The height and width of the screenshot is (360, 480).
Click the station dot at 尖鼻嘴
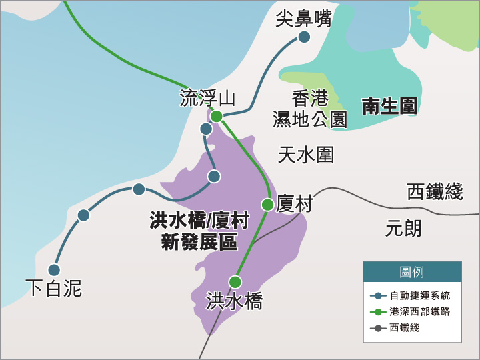pyautogui.click(x=304, y=37)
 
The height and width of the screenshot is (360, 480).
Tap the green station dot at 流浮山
pyautogui.click(x=217, y=116)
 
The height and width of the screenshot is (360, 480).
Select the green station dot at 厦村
pyautogui.click(x=267, y=205)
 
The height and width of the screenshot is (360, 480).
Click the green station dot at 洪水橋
pyautogui.click(x=235, y=281)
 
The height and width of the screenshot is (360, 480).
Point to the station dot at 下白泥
pyautogui.click(x=54, y=270)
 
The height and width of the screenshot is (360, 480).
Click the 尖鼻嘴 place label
pyautogui.click(x=303, y=19)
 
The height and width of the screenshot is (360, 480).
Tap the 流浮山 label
pyautogui.click(x=207, y=98)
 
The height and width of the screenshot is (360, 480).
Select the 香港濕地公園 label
pyautogui.click(x=310, y=109)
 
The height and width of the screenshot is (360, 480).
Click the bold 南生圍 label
pyautogui.click(x=389, y=106)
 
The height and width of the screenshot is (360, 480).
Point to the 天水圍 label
pyautogui.click(x=306, y=155)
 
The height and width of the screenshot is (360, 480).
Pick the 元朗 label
pyautogui.click(x=403, y=229)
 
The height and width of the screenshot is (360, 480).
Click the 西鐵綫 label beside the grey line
pyautogui.click(x=435, y=192)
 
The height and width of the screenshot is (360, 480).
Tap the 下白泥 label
pyautogui.click(x=53, y=288)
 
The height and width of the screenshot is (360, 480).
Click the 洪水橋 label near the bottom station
pyautogui.click(x=234, y=301)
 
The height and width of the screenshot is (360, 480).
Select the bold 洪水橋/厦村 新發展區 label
pyautogui.click(x=199, y=231)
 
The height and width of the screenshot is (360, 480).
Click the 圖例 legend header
pyautogui.click(x=412, y=272)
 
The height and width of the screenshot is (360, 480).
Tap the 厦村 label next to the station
pyautogui.click(x=294, y=204)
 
